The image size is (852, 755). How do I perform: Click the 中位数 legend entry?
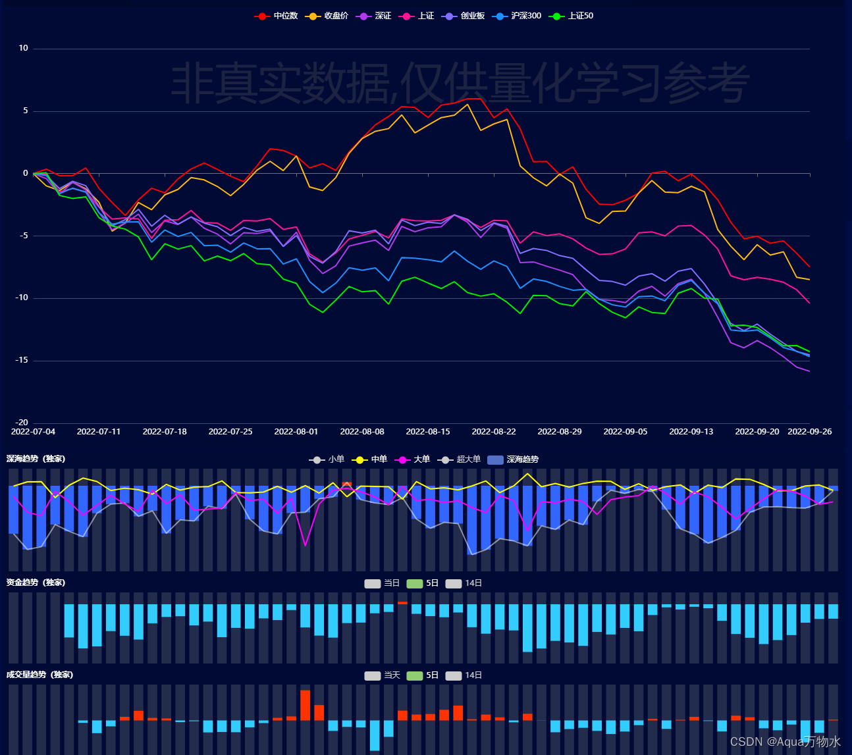[276, 16]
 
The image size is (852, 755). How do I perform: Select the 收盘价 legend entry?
[327, 16]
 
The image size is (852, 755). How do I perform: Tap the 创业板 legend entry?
[463, 16]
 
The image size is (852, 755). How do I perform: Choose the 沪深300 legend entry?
[516, 16]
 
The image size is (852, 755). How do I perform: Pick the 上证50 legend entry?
[571, 16]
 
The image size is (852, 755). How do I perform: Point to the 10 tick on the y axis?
[23, 48]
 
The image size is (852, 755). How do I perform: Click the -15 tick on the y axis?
[22, 360]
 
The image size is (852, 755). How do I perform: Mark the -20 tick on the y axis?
[22, 423]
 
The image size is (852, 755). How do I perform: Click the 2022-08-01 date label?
[296, 432]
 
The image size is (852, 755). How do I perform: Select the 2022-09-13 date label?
[691, 432]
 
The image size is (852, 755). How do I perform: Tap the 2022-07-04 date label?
[33, 432]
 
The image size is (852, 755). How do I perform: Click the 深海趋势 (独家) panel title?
[36, 459]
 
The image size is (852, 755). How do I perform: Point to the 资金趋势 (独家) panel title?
[36, 583]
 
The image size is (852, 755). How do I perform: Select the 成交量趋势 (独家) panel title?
[40, 675]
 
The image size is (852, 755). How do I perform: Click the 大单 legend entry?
[412, 459]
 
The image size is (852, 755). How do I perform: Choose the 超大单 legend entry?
[459, 459]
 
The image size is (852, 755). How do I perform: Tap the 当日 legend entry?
[382, 583]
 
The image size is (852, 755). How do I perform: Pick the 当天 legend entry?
[382, 675]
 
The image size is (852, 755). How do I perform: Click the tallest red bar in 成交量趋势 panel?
[306, 706]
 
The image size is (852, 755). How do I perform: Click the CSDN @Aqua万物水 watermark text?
[785, 742]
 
